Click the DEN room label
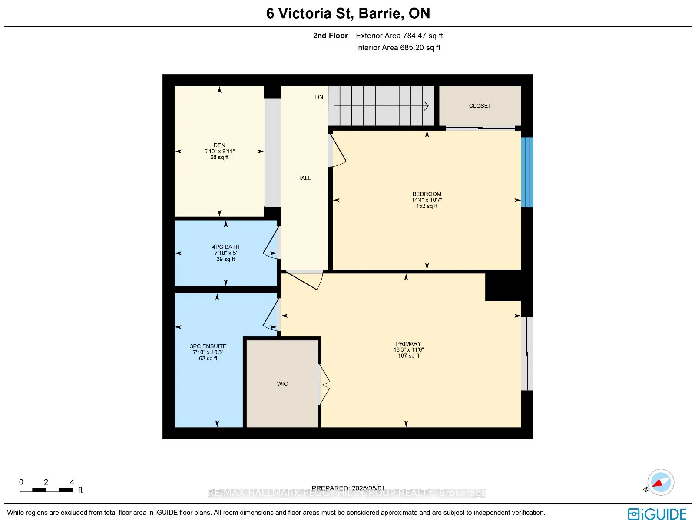pos(219,145)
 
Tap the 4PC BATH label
pos(225,247)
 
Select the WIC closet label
pos(282,384)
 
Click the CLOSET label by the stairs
pos(480,105)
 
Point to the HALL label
pos(304,178)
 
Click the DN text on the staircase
pos(319,97)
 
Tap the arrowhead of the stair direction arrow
pos(427,105)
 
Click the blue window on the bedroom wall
pos(527,172)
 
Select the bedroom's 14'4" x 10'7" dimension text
pos(427,200)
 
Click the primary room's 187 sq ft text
pos(408,355)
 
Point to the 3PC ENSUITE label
pos(208,346)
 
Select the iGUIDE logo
pos(657,514)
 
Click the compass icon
pos(660,482)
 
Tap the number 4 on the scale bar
pos(72,482)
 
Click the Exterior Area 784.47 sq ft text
pos(399,36)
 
